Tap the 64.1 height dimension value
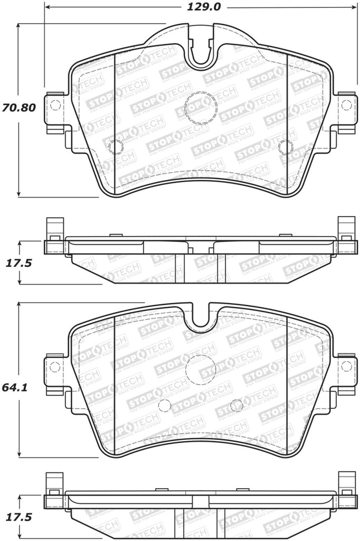[x=18, y=387]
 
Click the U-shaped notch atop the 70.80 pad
[x=201, y=53]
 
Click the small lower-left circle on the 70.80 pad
[x=115, y=146]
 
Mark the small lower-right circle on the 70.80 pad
[x=287, y=146]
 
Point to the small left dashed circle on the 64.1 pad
[x=164, y=405]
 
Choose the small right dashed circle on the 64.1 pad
[x=237, y=405]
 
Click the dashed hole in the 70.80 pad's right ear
[x=346, y=105]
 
